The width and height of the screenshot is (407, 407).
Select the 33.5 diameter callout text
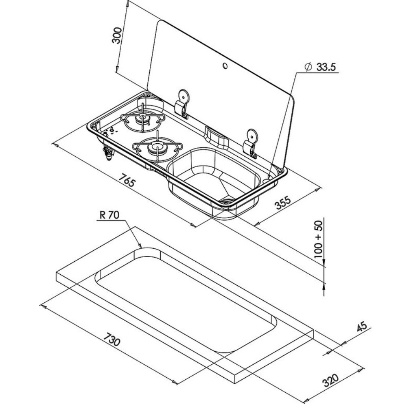[x=326, y=67]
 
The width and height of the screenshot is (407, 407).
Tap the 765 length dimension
[x=127, y=180]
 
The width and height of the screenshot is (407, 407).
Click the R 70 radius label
[x=109, y=215]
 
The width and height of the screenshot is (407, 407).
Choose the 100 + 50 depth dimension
[x=318, y=239]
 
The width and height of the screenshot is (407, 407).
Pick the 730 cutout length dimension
[x=112, y=339]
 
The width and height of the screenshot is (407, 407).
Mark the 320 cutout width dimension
[x=330, y=380]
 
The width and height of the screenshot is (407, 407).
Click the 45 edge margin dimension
[x=362, y=326]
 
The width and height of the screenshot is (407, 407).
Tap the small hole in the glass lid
[x=225, y=66]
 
